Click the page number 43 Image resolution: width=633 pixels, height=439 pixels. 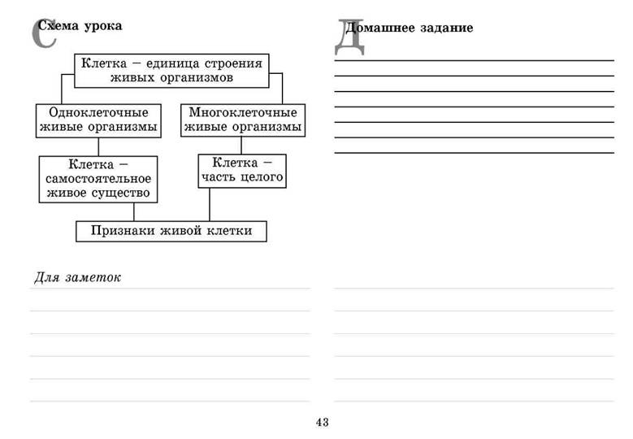(322, 422)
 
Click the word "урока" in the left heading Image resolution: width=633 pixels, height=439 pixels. (103, 26)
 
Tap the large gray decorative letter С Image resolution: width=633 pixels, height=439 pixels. (44, 33)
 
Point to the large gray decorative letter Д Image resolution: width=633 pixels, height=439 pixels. (349, 37)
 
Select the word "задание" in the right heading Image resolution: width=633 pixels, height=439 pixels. (446, 28)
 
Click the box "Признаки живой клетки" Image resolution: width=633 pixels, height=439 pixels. (171, 232)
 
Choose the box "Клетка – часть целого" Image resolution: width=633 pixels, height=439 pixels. (242, 171)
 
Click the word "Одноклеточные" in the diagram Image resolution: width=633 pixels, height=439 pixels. (98, 113)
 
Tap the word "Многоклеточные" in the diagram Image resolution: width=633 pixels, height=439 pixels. (243, 112)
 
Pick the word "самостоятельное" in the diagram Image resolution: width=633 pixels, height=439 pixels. (98, 179)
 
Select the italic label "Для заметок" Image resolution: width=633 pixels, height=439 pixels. (77, 277)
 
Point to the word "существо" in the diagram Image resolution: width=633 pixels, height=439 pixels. (121, 193)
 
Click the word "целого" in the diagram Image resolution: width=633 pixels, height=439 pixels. (262, 177)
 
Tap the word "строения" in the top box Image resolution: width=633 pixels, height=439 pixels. (233, 63)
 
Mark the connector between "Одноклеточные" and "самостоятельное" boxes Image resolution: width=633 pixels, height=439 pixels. (98, 147)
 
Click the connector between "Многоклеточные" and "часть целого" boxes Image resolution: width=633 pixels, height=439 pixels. (241, 146)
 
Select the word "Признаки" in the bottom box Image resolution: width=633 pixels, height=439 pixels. (123, 231)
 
